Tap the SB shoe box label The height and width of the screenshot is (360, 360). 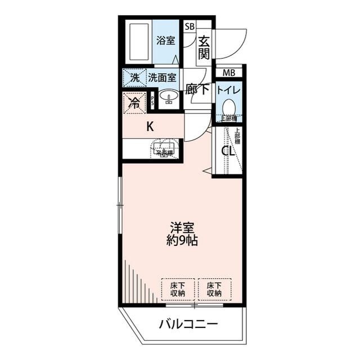(190, 26)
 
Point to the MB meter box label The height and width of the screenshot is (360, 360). (228, 73)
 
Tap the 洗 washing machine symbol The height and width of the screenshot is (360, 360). (134, 77)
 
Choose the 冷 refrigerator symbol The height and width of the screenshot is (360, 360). (134, 102)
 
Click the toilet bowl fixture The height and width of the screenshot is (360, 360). (228, 106)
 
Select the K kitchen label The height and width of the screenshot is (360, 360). (150, 127)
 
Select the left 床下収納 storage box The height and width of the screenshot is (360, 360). (178, 289)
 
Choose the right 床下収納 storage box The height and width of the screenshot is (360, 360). (214, 289)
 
